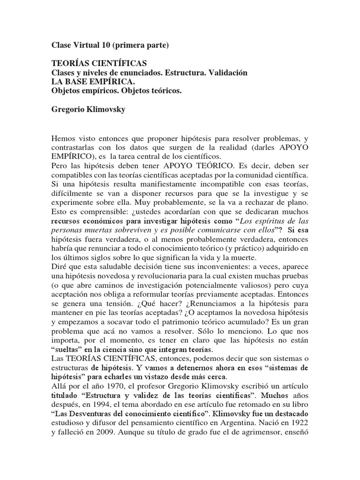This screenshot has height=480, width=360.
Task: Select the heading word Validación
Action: pos(228,74)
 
